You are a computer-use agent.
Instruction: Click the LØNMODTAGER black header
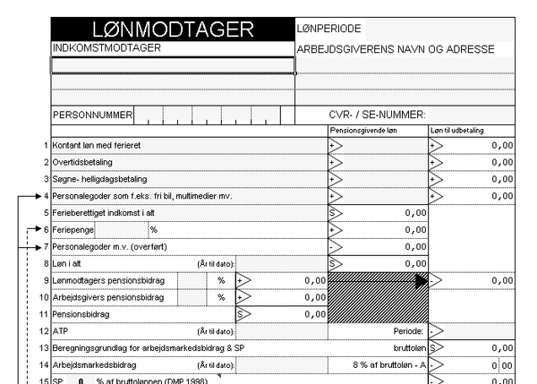[x=173, y=30]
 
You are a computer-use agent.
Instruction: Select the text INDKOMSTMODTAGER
[x=107, y=48]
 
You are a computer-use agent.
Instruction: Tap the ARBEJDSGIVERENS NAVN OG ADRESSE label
[x=395, y=48]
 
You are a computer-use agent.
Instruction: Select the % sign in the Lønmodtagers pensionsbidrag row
[x=220, y=281]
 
